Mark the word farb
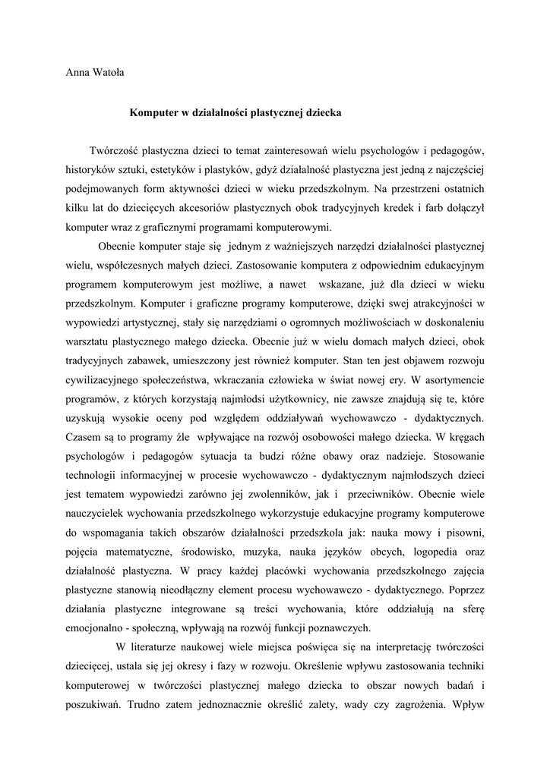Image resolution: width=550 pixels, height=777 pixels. click(x=442, y=207)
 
